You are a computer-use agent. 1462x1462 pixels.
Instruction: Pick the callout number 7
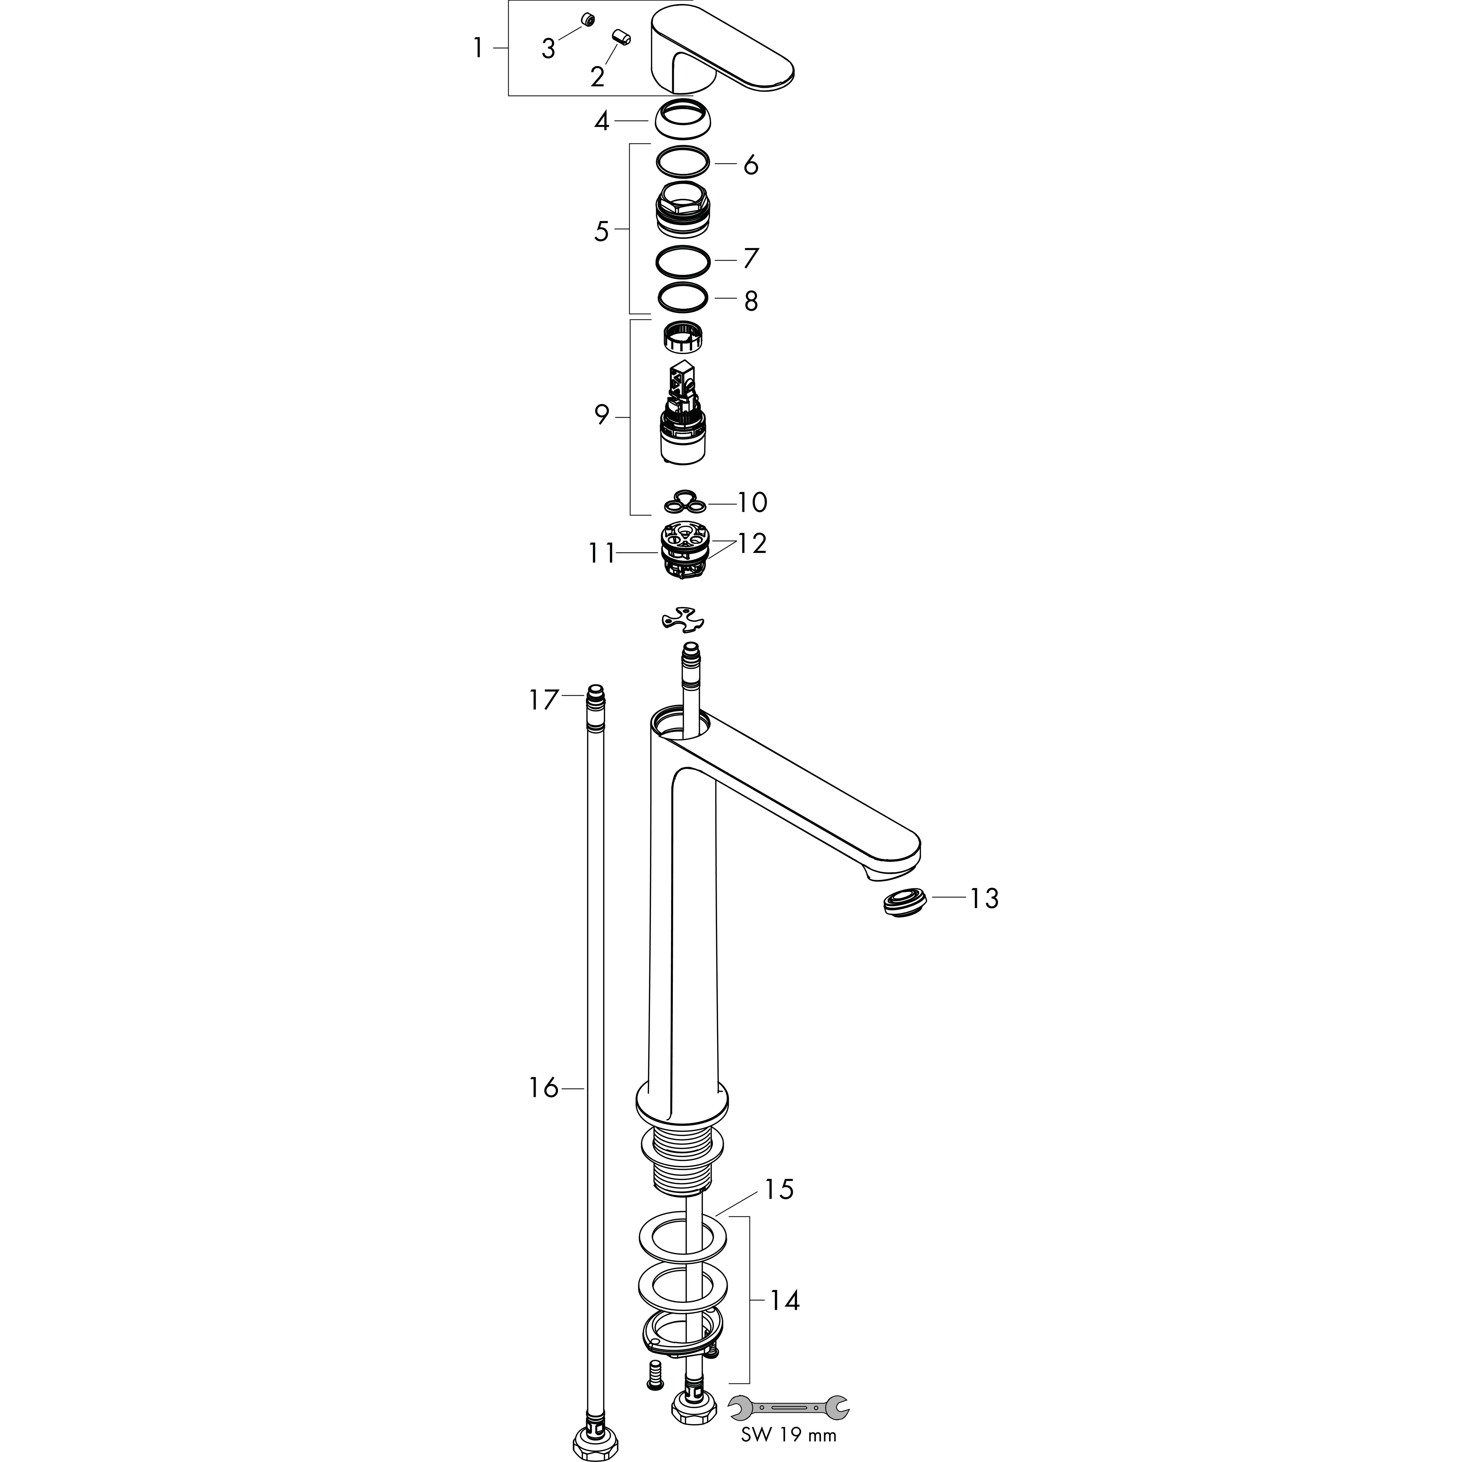click(x=751, y=258)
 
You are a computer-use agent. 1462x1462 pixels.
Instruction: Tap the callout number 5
click(x=601, y=232)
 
